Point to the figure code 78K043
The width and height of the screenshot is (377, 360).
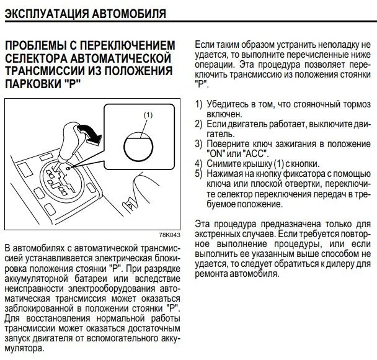tap(170, 235)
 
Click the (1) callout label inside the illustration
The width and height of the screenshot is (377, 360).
tap(148, 115)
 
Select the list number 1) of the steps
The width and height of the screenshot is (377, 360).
tap(198, 104)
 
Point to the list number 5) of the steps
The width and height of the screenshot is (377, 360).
tap(198, 174)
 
